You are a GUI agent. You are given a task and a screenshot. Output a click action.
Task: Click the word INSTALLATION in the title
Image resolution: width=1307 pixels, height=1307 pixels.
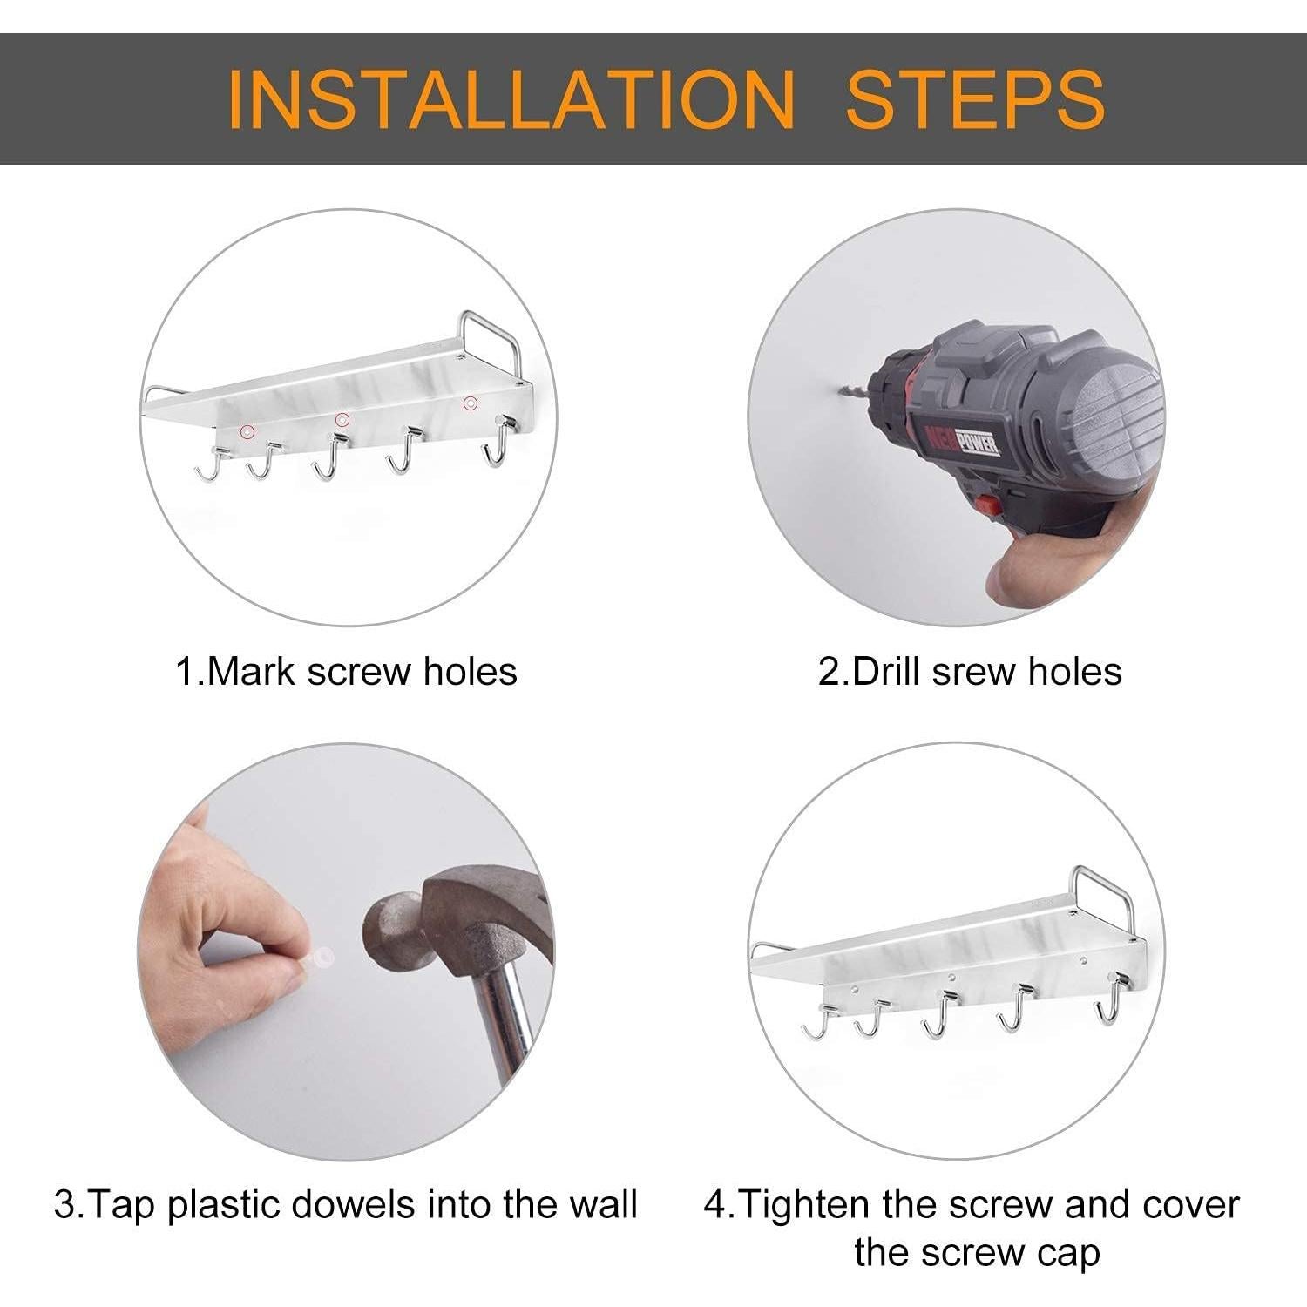(x=511, y=98)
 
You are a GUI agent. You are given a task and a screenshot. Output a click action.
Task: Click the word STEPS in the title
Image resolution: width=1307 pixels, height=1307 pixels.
(x=976, y=98)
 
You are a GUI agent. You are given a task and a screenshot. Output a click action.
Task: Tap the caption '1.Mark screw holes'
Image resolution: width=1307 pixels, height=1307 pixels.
(x=347, y=672)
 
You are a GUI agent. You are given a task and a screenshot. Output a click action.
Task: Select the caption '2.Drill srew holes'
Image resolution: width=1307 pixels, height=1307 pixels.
(x=970, y=672)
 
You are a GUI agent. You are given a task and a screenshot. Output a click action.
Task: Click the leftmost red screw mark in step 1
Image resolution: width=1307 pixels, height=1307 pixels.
(x=248, y=431)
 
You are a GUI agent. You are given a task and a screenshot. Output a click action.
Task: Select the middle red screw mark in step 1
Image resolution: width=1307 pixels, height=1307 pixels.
(x=342, y=419)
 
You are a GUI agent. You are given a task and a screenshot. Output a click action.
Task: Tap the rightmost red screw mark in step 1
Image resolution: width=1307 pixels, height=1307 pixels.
(x=471, y=403)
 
